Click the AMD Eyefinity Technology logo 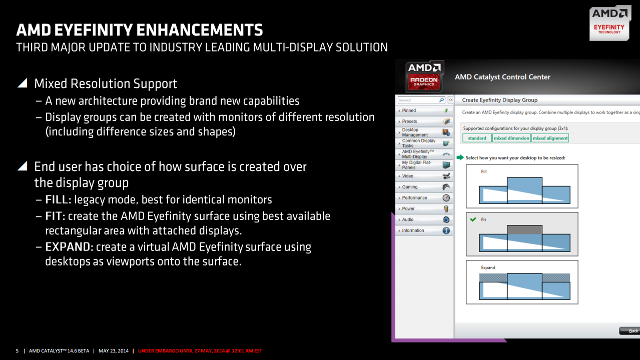coord(609,23)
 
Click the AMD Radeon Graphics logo coord(424,76)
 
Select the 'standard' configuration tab coord(477,138)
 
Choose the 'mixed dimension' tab coord(511,138)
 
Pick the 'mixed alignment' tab coord(550,138)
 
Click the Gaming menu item coord(410,187)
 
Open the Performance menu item coord(414,198)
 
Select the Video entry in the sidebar coord(408,176)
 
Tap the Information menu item coord(413,230)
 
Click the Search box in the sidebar coord(418,100)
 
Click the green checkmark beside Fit coord(473,219)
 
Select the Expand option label coord(488,267)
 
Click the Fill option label coord(483,171)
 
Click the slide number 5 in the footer coord(18,350)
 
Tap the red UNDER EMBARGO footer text coord(200,350)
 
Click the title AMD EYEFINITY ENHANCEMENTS coord(140,30)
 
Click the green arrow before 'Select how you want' coord(460,157)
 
